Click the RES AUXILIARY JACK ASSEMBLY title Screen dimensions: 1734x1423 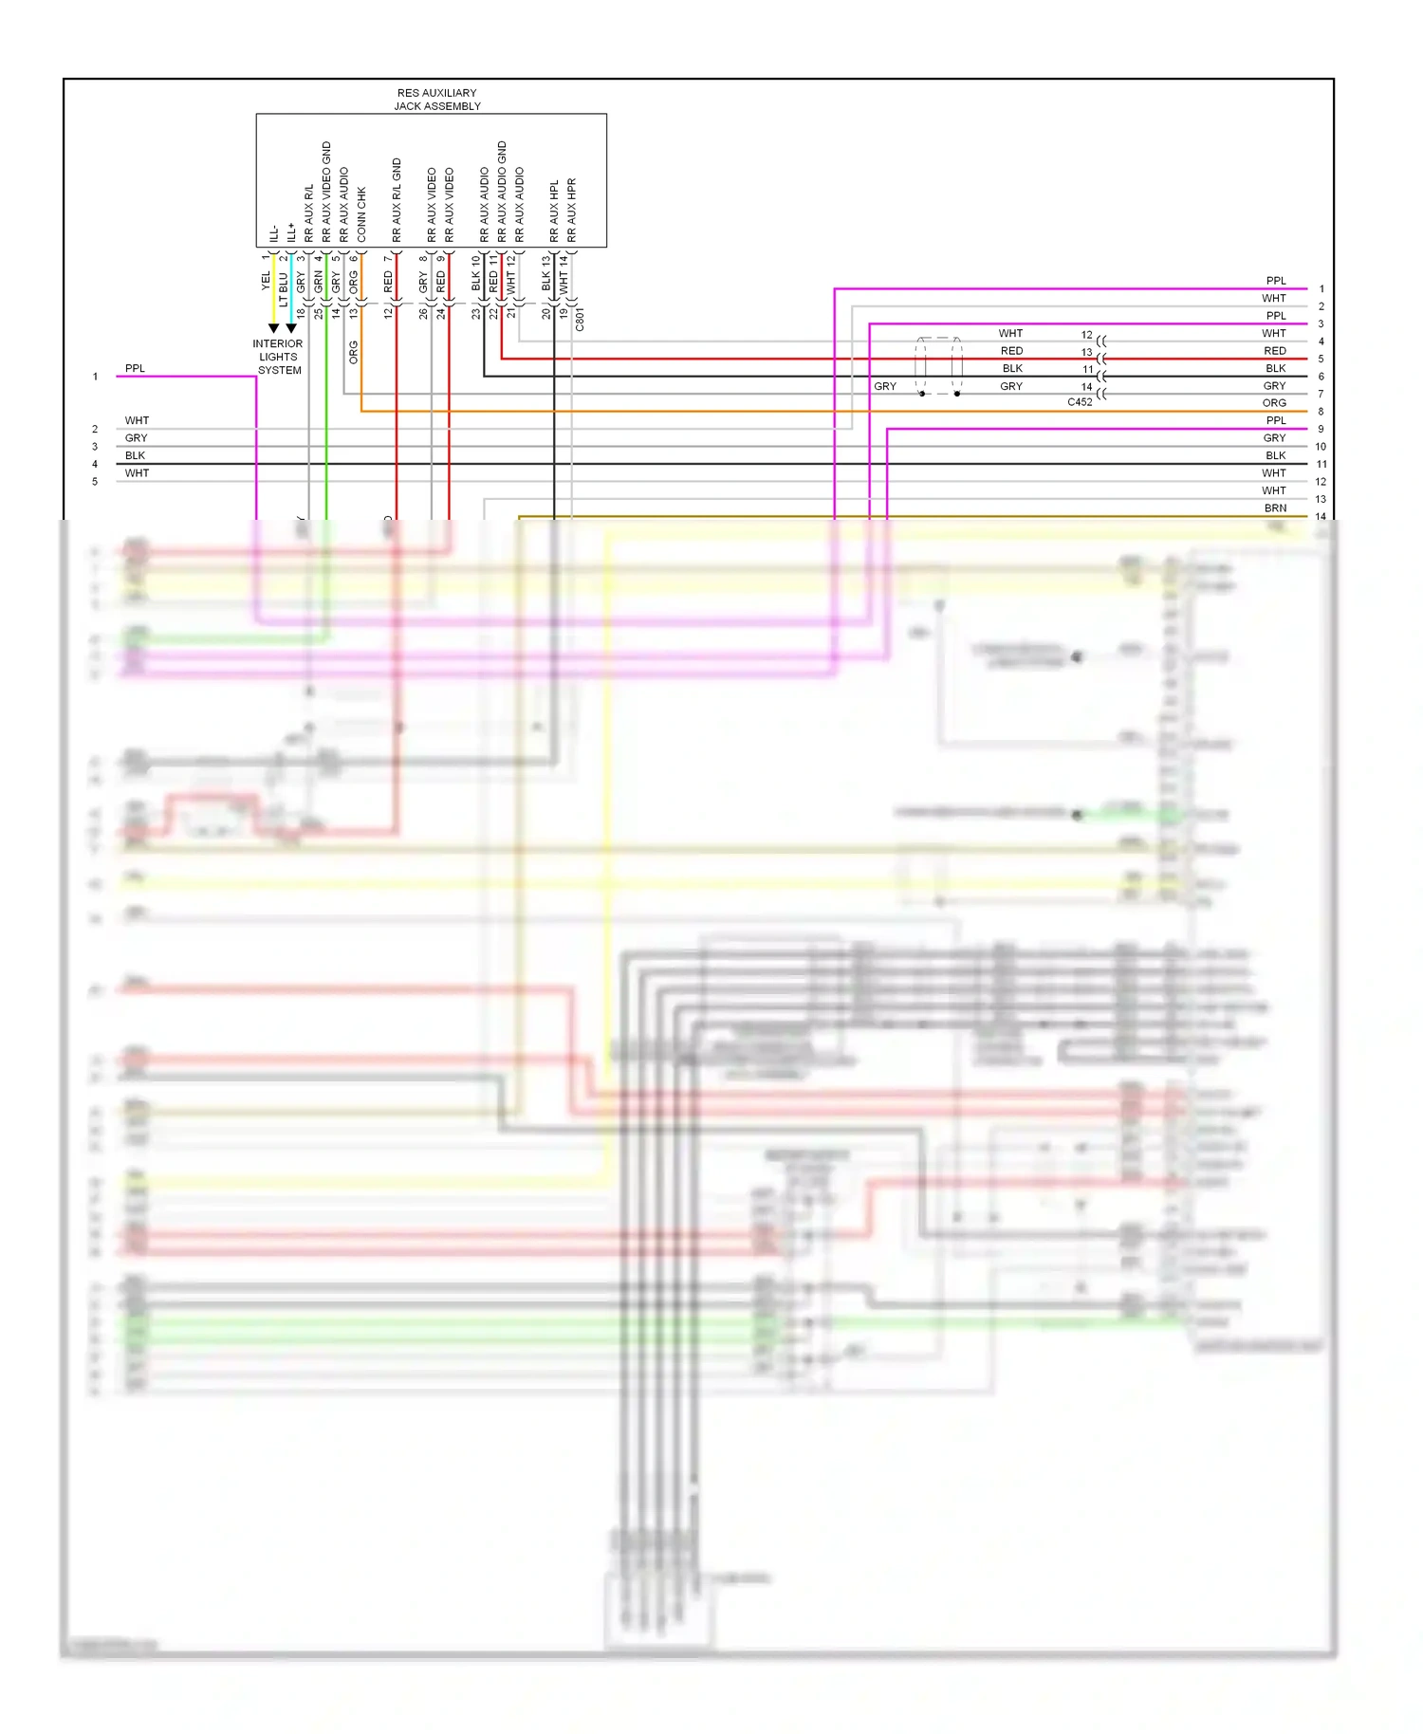tap(437, 100)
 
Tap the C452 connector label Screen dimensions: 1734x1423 tap(1080, 402)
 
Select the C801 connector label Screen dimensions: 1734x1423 tap(580, 319)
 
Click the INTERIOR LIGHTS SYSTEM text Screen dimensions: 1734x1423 tap(278, 358)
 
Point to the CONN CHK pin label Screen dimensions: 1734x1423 tap(361, 213)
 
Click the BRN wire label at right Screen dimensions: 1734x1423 tap(1275, 508)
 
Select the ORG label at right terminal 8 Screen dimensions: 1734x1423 tap(1274, 403)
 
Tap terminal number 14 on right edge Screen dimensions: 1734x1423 tap(1321, 517)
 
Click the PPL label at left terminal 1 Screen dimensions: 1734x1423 tap(135, 369)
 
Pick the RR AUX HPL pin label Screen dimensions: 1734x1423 tap(554, 211)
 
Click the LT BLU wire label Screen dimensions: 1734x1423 tap(283, 288)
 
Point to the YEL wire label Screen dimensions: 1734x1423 tap(266, 281)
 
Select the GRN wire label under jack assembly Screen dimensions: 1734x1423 tap(319, 282)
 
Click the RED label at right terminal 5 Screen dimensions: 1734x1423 tap(1275, 351)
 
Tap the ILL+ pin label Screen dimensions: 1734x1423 tap(291, 232)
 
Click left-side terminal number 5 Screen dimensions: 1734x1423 tap(95, 482)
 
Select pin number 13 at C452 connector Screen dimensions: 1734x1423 tap(1087, 353)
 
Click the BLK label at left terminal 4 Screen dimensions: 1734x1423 tap(135, 456)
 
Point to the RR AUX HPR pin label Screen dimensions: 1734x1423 tap(571, 210)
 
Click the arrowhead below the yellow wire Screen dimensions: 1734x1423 tap(274, 328)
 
